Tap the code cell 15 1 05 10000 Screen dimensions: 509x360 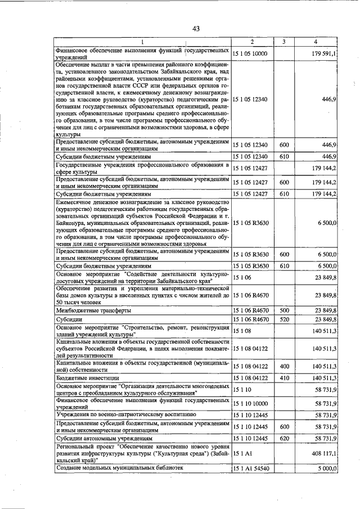click(x=250, y=53)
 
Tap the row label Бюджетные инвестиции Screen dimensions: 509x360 click(x=88, y=378)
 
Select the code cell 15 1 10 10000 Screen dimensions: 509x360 click(x=250, y=403)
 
